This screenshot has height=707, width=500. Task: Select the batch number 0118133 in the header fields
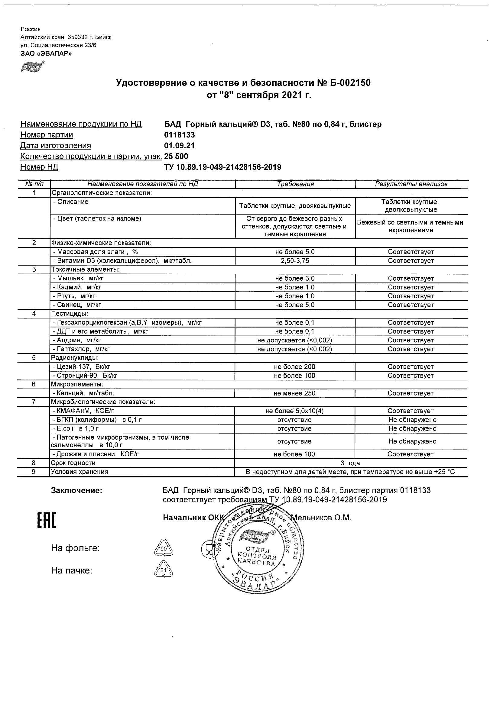click(x=179, y=135)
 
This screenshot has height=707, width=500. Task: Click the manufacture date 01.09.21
click(x=179, y=146)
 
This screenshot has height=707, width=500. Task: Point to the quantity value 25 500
click(x=176, y=157)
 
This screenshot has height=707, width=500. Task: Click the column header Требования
click(x=295, y=184)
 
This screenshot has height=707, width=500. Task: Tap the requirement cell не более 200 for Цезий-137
click(x=295, y=367)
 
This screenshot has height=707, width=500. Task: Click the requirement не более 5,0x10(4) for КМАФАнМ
click(x=294, y=411)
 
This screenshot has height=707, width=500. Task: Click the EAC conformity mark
click(x=47, y=520)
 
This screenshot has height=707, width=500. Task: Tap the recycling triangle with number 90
click(x=163, y=548)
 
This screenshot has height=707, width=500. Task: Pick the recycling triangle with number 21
click(x=163, y=571)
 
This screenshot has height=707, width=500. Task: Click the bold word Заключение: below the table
click(x=76, y=491)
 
